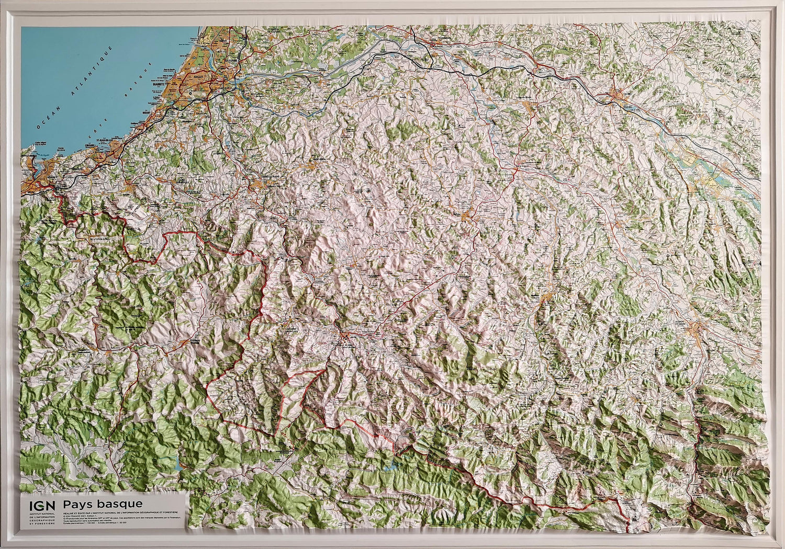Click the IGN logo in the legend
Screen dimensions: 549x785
(41, 506)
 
